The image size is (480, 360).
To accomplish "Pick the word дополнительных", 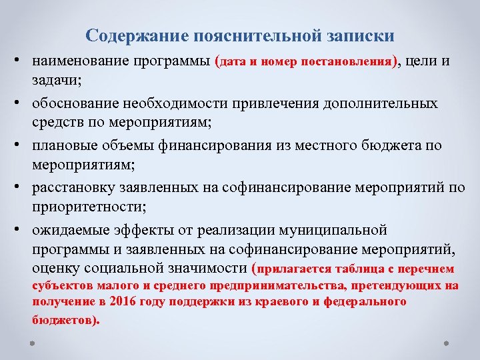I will click(x=387, y=103).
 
